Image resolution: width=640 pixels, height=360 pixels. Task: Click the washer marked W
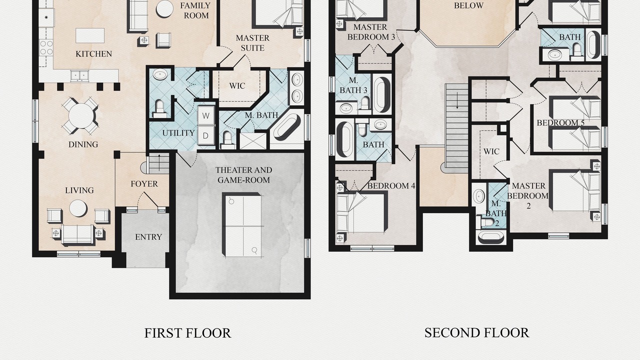tap(205, 115)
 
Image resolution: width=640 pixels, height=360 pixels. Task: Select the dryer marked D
tap(205, 135)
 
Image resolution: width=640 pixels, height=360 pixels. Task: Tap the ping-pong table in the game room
tap(242, 224)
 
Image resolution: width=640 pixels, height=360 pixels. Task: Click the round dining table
tap(81, 115)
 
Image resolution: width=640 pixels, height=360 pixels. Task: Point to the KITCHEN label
tap(93, 53)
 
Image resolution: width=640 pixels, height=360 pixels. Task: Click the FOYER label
tap(144, 183)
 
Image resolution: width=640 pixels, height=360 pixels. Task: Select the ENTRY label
tap(148, 237)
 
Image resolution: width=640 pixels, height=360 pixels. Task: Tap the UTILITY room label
tap(178, 133)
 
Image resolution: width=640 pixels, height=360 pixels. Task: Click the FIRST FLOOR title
tap(187, 333)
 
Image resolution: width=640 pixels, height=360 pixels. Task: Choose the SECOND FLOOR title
tap(477, 333)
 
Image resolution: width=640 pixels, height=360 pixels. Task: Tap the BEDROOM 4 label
tap(391, 186)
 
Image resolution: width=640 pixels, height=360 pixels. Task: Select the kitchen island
tap(90, 35)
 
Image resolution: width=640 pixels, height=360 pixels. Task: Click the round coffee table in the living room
tap(78, 208)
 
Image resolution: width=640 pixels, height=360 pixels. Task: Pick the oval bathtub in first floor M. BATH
tap(287, 127)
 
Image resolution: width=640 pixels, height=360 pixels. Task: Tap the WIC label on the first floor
tap(237, 85)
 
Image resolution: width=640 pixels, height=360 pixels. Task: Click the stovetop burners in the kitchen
tap(46, 47)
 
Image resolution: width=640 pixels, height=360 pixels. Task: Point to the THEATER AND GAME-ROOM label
tap(243, 175)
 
